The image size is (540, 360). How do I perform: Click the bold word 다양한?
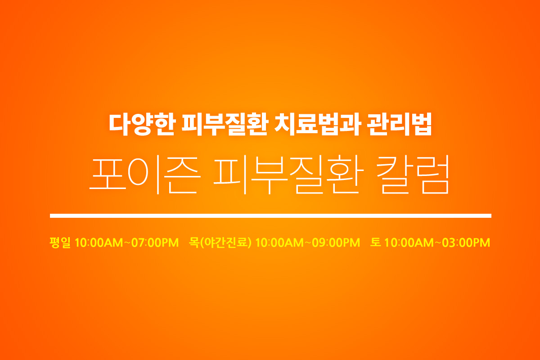coord(142,124)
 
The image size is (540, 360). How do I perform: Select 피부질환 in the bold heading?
coord(225,124)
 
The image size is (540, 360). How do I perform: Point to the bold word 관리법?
coord(400,124)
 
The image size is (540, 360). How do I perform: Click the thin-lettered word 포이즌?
coord(145,175)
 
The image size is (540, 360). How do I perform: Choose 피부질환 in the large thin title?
coord(289,175)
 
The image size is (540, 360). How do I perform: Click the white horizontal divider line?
coord(271,216)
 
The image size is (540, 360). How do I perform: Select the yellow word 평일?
coord(60,243)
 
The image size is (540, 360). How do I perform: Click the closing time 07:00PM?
coord(155,243)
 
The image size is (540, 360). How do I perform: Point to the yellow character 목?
coord(194,243)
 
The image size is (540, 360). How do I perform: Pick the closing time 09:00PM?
coord(336,243)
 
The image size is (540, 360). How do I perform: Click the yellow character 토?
coord(375,243)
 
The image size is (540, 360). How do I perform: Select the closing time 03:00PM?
coord(466,243)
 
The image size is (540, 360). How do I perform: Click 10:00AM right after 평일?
coord(99,243)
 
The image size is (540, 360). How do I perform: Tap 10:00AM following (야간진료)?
coord(279,243)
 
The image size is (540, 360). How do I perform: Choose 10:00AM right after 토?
coord(409,243)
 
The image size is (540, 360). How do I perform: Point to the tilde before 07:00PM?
coord(127,243)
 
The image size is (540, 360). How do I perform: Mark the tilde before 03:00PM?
coord(438,243)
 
